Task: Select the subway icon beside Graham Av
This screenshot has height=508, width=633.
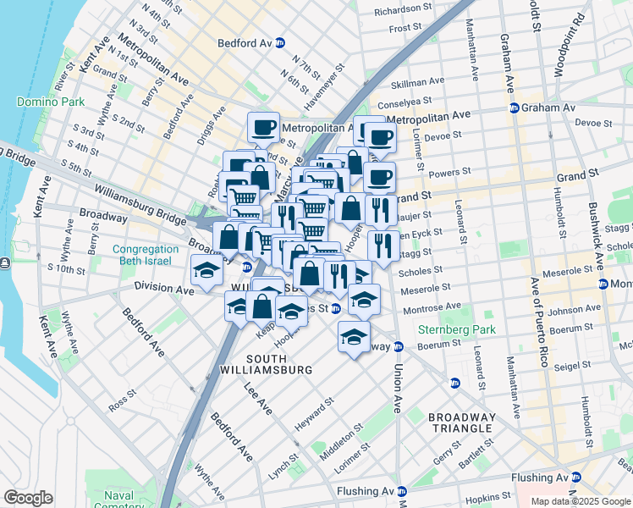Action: (x=514, y=108)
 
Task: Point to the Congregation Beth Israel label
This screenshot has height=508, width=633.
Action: (x=146, y=256)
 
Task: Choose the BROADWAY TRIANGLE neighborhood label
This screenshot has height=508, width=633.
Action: (x=461, y=422)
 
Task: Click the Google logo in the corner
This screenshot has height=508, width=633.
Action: (x=28, y=497)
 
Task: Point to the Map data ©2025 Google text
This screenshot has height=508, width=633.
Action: (x=581, y=501)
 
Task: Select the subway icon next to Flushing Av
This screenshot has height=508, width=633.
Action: (x=403, y=491)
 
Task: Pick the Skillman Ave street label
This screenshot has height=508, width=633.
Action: (x=417, y=82)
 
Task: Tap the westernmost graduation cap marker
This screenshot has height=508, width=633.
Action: (x=206, y=271)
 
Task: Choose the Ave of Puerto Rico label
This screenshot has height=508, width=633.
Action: (x=535, y=322)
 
